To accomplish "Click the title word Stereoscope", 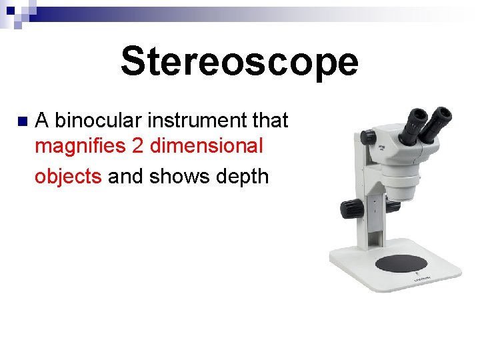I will (x=239, y=62).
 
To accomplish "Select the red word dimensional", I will (x=207, y=145).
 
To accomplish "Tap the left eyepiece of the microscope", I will (x=414, y=123).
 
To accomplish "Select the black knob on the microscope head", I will (x=368, y=138).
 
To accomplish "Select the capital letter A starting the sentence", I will (x=42, y=121).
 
